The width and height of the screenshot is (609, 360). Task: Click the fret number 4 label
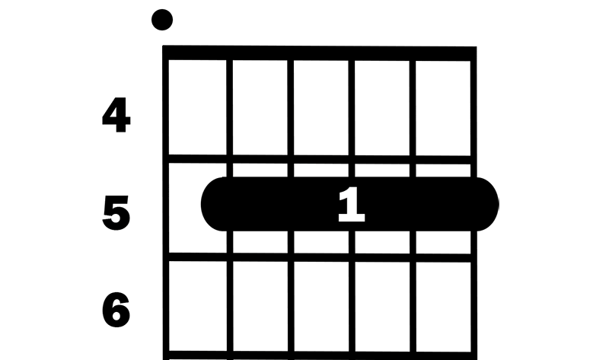[x=116, y=116]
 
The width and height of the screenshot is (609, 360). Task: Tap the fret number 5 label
[x=116, y=213]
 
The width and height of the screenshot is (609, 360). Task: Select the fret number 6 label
[x=116, y=310]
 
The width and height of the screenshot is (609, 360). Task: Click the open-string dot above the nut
[x=162, y=20]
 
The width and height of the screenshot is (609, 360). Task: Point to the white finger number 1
[x=352, y=205]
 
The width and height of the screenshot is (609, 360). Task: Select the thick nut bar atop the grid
[x=320, y=53]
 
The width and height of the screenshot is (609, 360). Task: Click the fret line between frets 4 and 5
[x=320, y=159]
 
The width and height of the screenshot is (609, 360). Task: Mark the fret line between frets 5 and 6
[x=320, y=257]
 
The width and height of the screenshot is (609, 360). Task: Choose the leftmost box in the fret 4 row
[x=197, y=107]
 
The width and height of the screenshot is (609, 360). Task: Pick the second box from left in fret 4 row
[x=260, y=107]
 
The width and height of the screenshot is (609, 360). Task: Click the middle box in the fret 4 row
[x=321, y=107]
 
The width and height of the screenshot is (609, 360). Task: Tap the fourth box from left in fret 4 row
[x=382, y=108]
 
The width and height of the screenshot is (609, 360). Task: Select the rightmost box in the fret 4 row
[x=443, y=108]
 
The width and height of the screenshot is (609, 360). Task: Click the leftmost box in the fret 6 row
[x=198, y=306]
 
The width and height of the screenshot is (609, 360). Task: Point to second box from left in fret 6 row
[x=260, y=307]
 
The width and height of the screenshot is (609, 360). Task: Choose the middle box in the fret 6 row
[x=321, y=307]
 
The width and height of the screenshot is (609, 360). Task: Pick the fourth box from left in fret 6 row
[x=383, y=307]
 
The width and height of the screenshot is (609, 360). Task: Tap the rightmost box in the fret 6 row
[x=444, y=307]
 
